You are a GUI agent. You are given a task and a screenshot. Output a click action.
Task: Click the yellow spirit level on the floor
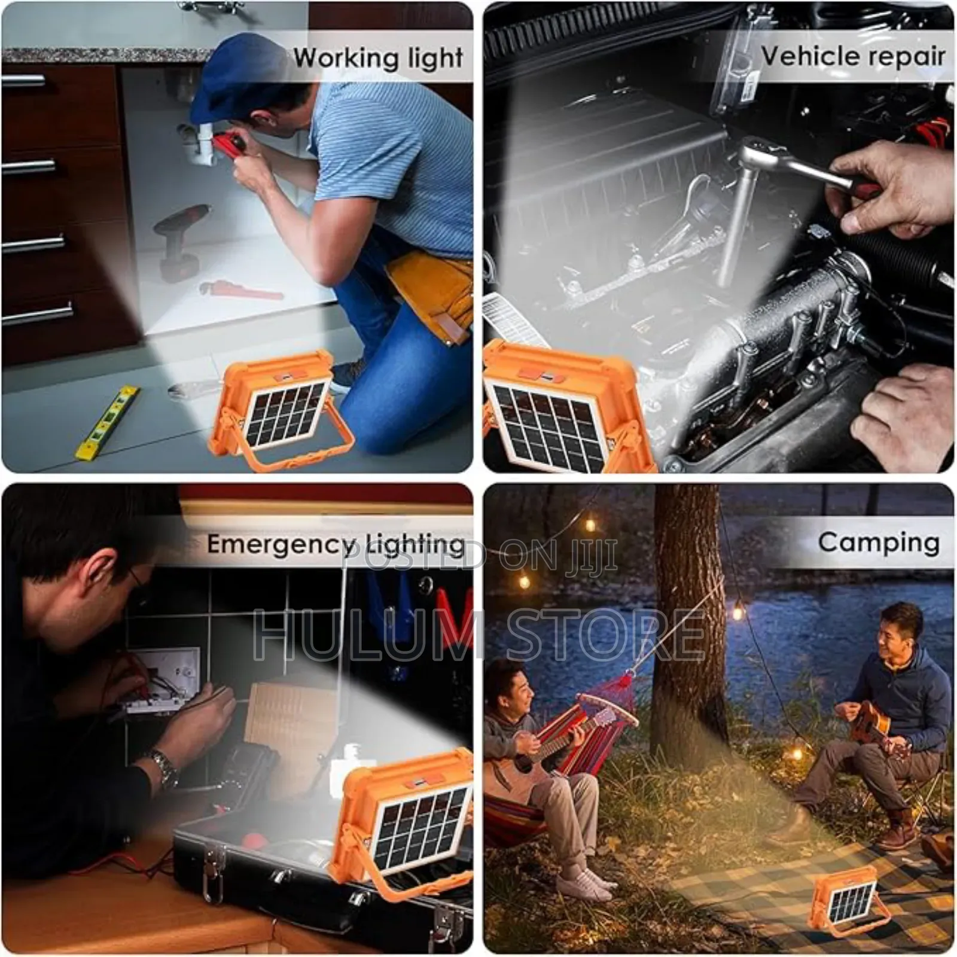click(108, 422)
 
